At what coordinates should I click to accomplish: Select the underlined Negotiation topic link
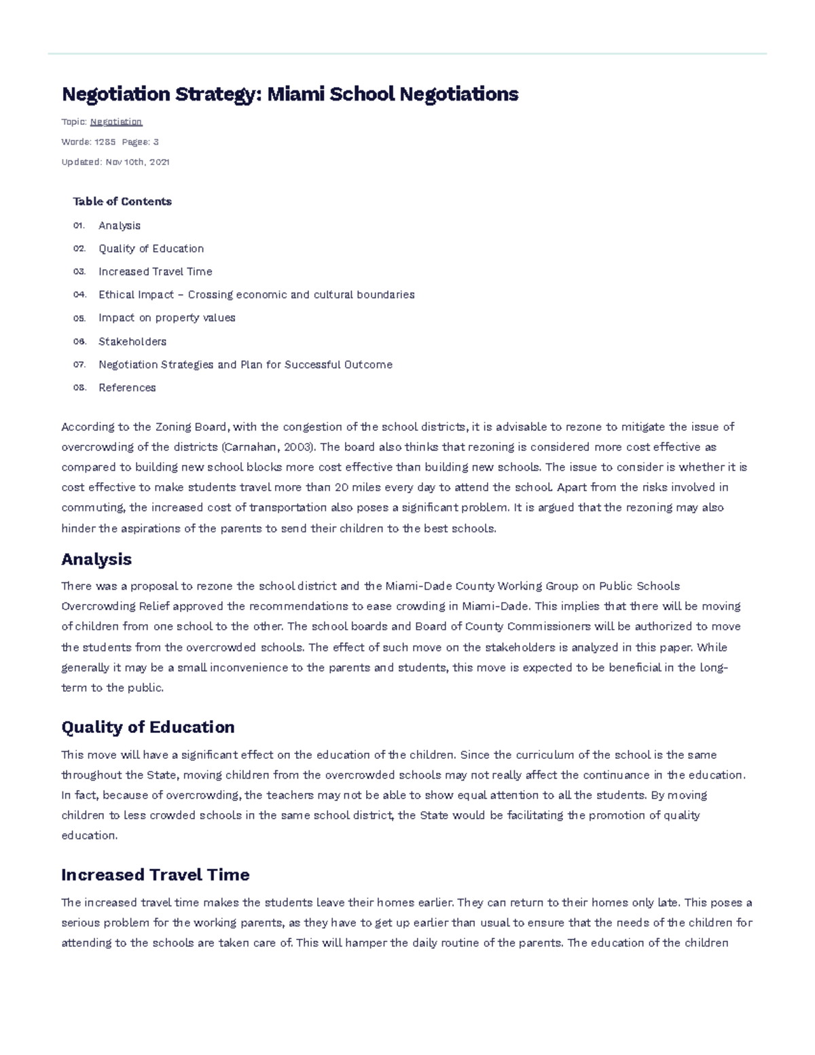[116, 122]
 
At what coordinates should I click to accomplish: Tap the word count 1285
[105, 142]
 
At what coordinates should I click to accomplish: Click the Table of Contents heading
[122, 201]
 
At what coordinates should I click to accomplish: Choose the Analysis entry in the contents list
[120, 226]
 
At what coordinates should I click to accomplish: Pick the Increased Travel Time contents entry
[155, 272]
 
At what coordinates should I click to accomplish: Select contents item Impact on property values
[167, 318]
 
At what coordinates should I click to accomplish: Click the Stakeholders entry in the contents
[132, 342]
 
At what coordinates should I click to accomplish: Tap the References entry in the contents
[127, 388]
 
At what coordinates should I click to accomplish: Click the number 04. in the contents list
[79, 295]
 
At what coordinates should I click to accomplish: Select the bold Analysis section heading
[96, 560]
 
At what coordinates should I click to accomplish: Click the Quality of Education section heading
[148, 728]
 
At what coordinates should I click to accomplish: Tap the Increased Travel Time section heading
[156, 875]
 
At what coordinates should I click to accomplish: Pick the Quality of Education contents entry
[151, 249]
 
